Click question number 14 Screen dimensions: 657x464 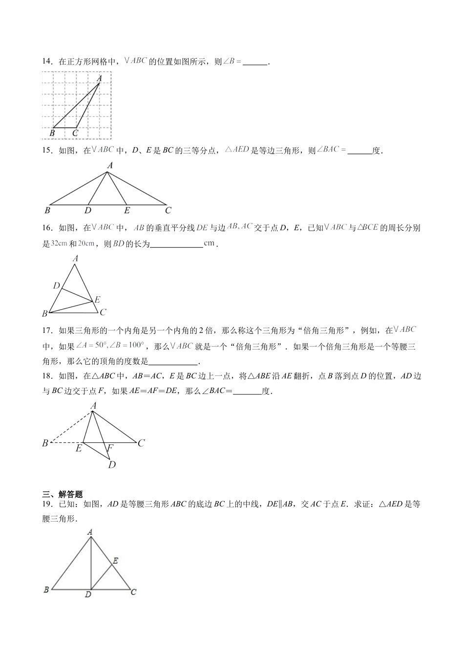(x=47, y=62)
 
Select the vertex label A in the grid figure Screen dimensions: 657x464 (x=99, y=78)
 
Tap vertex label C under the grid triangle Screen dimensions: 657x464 (x=75, y=132)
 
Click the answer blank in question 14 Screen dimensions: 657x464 (x=255, y=62)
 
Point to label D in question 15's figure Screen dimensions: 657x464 (x=87, y=211)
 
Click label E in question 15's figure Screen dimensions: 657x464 (x=127, y=211)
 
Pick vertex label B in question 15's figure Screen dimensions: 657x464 (x=47, y=211)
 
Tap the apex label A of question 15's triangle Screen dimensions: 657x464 (x=110, y=166)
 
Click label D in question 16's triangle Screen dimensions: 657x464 (x=57, y=285)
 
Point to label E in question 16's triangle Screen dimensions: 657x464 (x=97, y=300)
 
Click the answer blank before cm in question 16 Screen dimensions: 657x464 (x=176, y=244)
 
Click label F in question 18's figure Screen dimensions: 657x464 (x=110, y=448)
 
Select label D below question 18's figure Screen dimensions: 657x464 (x=112, y=464)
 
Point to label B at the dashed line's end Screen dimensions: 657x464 (x=45, y=443)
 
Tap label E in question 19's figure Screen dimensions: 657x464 (x=115, y=561)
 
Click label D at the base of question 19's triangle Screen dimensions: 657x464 (x=88, y=594)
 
